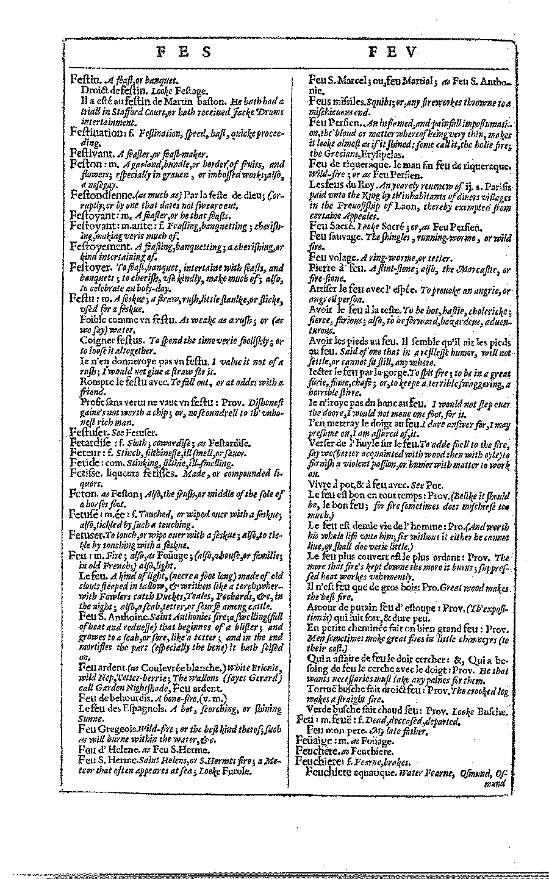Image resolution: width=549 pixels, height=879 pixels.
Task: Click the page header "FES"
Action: [x=184, y=53]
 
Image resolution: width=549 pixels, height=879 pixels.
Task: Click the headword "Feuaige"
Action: [x=315, y=741]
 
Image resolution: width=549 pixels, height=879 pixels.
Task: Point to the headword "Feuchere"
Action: [x=318, y=752]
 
